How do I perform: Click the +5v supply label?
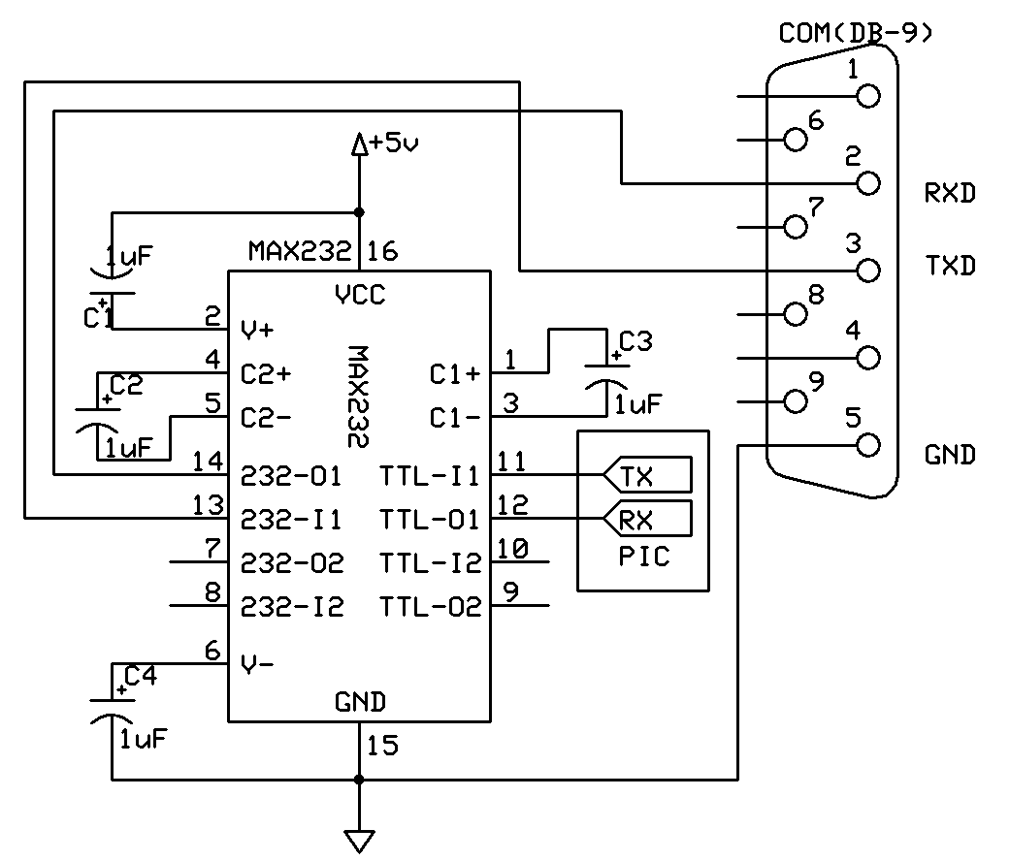click(x=394, y=143)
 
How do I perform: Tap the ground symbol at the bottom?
click(x=359, y=841)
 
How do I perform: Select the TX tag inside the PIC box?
click(x=647, y=475)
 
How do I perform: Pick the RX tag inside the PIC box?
click(x=647, y=519)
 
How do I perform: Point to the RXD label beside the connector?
click(x=950, y=192)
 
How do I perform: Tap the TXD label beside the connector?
click(x=950, y=265)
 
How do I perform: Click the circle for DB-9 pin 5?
click(x=868, y=445)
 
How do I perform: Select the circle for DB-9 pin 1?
click(x=868, y=97)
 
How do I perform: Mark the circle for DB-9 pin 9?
click(x=797, y=401)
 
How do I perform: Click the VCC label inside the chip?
click(x=360, y=295)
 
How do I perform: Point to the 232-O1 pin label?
click(x=290, y=476)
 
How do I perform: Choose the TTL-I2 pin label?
click(x=430, y=563)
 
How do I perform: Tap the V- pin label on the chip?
click(x=257, y=663)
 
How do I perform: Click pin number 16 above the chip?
click(x=382, y=251)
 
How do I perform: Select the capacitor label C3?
click(x=635, y=341)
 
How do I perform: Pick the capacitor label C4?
click(x=141, y=676)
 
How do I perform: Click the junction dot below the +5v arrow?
click(x=359, y=212)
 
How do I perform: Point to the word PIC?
click(x=644, y=557)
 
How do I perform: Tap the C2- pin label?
click(x=266, y=418)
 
